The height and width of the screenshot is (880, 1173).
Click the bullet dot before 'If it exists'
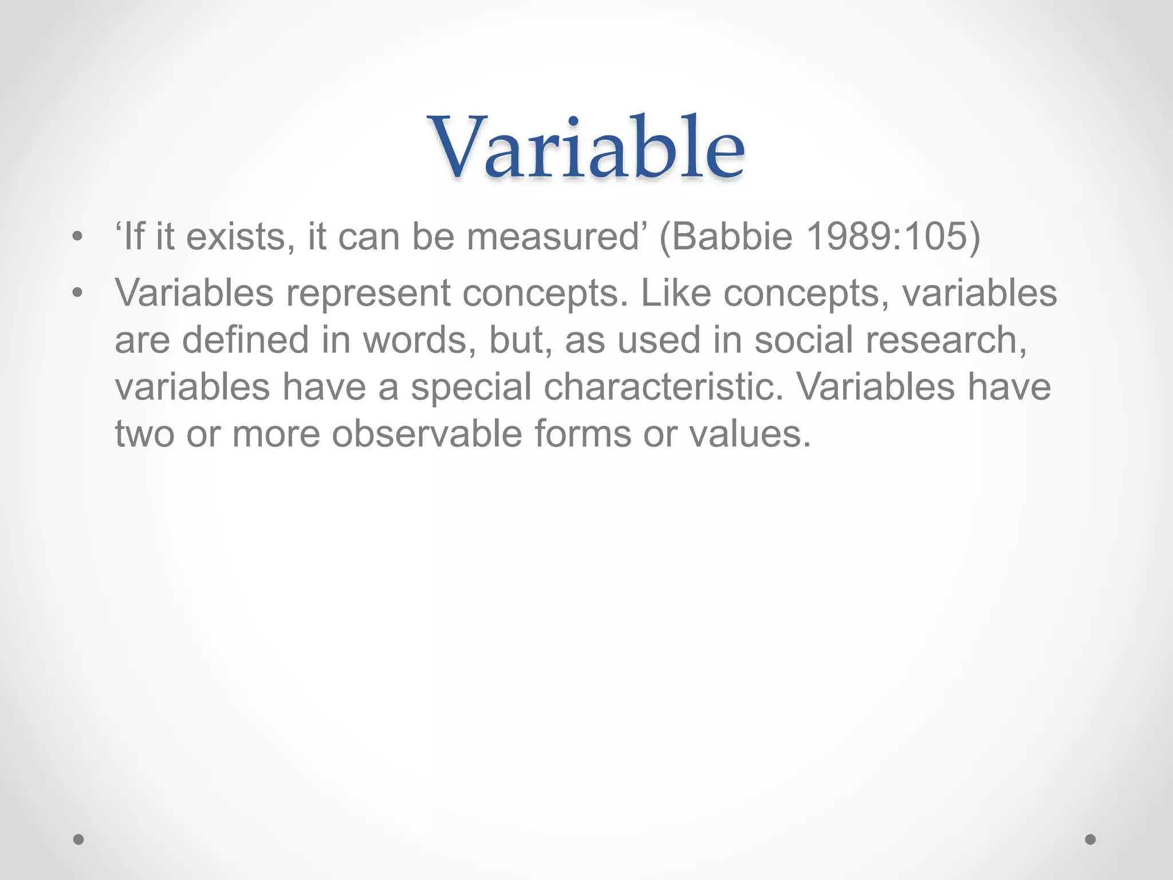[x=78, y=237]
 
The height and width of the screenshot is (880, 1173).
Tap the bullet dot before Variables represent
[x=78, y=293]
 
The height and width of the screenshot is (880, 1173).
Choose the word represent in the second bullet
[x=368, y=293]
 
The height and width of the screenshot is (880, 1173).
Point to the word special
[x=471, y=387]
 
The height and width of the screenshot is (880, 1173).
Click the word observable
[x=427, y=434]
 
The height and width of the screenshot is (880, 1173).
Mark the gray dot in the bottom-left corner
[x=79, y=839]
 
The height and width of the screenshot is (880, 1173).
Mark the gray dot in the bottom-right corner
[x=1091, y=839]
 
